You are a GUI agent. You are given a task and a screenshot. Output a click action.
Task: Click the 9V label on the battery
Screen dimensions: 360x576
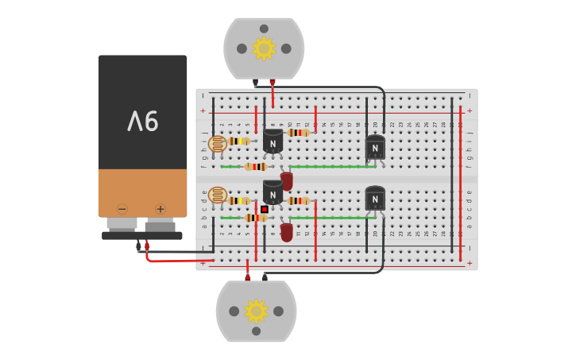[x=143, y=121]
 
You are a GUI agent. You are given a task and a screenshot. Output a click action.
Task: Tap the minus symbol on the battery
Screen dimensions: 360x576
[x=122, y=209]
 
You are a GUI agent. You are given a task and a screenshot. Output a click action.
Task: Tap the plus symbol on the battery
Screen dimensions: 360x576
[x=160, y=209]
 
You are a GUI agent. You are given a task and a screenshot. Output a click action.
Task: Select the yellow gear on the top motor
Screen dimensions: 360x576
[x=264, y=48]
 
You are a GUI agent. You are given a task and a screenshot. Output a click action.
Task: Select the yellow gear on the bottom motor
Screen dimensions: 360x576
[x=256, y=311]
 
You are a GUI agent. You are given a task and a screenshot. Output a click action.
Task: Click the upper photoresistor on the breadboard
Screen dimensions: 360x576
[x=217, y=144]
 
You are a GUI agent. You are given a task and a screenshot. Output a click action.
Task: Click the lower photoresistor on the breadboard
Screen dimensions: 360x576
[x=217, y=195]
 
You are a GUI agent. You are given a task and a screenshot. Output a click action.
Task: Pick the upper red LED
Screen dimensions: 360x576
[x=287, y=181]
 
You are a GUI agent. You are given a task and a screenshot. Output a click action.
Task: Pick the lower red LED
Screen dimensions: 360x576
[x=287, y=231]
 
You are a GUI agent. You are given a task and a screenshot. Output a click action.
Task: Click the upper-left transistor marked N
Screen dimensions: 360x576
[x=273, y=143]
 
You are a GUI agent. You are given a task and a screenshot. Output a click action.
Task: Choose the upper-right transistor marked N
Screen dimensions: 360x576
[x=375, y=147]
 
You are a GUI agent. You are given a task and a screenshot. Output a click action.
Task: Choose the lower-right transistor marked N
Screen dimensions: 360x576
[x=375, y=199]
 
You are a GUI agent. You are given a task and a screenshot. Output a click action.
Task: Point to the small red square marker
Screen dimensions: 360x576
[x=265, y=209]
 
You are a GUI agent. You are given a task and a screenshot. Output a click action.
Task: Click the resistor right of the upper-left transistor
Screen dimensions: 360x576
[x=299, y=133]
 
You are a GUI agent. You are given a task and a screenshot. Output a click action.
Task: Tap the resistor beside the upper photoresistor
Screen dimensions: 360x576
[x=239, y=141]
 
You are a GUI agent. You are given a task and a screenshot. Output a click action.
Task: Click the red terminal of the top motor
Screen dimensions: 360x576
[x=273, y=82]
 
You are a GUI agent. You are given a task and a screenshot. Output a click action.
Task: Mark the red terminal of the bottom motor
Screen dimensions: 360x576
[x=247, y=277]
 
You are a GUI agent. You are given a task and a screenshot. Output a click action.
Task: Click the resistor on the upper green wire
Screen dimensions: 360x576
[x=255, y=167]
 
